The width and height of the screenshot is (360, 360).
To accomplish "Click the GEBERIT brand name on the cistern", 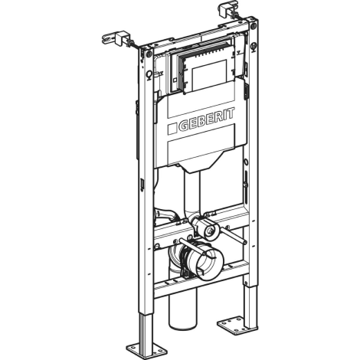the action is (207, 119).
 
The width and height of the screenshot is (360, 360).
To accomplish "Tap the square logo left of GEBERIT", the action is (172, 129).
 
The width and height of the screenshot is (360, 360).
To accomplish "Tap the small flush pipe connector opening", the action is (211, 231).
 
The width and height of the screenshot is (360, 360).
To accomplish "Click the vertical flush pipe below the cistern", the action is (191, 193).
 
